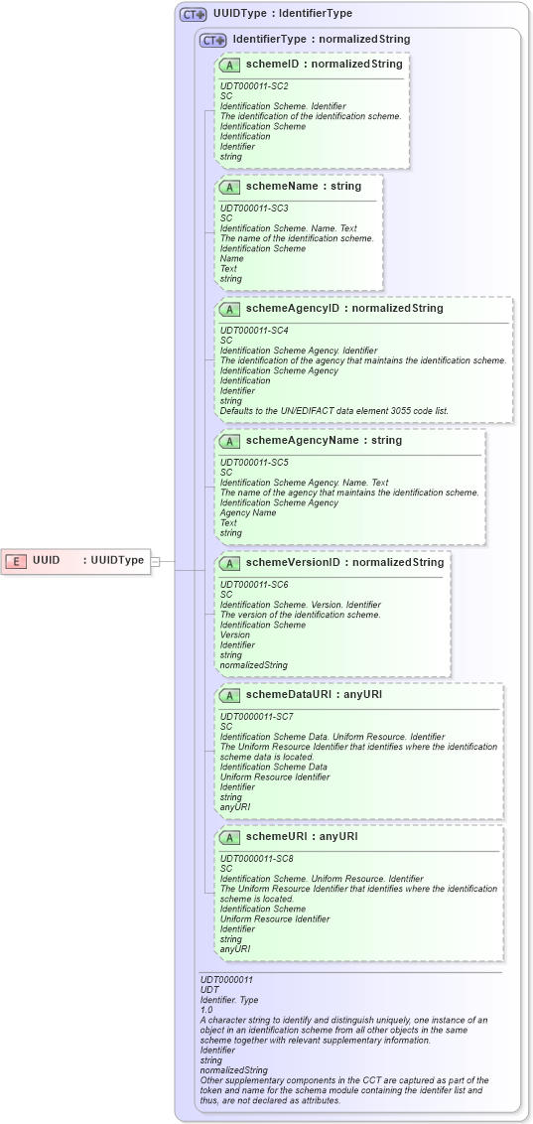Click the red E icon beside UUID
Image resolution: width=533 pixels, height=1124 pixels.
16,561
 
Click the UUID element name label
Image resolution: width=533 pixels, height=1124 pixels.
46,561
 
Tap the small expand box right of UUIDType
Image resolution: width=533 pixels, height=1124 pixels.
155,561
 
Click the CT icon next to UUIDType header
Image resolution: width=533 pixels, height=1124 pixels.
193,15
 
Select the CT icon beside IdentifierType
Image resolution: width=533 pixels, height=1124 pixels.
212,40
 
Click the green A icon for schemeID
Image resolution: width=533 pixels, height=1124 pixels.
230,65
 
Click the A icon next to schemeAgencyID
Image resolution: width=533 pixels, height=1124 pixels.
230,309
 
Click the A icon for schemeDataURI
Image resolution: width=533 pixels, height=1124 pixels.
230,695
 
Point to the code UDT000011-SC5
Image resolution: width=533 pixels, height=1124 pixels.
253,462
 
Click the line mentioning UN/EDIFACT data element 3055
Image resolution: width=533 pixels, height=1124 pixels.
333,410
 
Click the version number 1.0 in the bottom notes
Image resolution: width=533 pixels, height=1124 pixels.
206,1009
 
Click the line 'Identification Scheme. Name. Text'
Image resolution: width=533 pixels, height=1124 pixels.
288,228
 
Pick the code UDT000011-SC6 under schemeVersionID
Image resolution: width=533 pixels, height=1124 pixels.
253,585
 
